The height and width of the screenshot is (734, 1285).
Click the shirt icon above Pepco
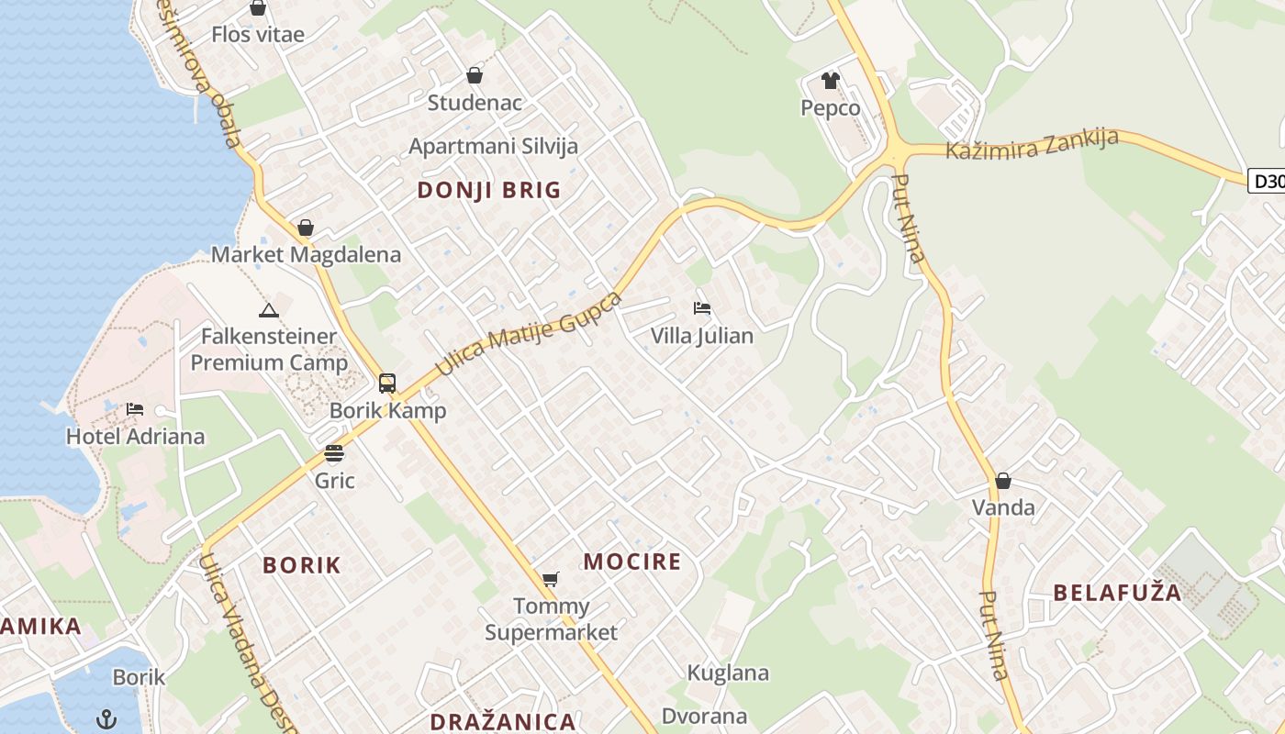831,81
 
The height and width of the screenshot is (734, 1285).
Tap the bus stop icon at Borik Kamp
387,384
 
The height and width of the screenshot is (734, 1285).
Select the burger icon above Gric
334,452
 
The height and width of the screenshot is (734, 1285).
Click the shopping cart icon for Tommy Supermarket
550,579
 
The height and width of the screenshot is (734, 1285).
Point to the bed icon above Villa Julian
702,308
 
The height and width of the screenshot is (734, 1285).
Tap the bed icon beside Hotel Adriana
135,408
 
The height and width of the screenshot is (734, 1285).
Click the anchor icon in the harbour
107,717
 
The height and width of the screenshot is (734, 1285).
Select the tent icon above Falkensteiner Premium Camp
268,310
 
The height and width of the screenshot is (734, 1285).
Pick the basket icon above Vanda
1003,481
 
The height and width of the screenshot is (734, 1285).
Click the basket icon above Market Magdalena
306,228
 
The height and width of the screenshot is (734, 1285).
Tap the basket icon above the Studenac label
475,75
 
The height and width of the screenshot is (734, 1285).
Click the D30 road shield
1268,182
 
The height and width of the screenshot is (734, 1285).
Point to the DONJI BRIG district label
488,190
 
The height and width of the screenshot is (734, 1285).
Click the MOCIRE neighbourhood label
632,562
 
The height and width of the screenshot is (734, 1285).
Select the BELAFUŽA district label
1117,592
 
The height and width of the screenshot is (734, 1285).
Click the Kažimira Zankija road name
1032,145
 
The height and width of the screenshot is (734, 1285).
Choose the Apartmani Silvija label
493,146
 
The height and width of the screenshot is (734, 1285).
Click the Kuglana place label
728,673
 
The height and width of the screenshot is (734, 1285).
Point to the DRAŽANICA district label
502,721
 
